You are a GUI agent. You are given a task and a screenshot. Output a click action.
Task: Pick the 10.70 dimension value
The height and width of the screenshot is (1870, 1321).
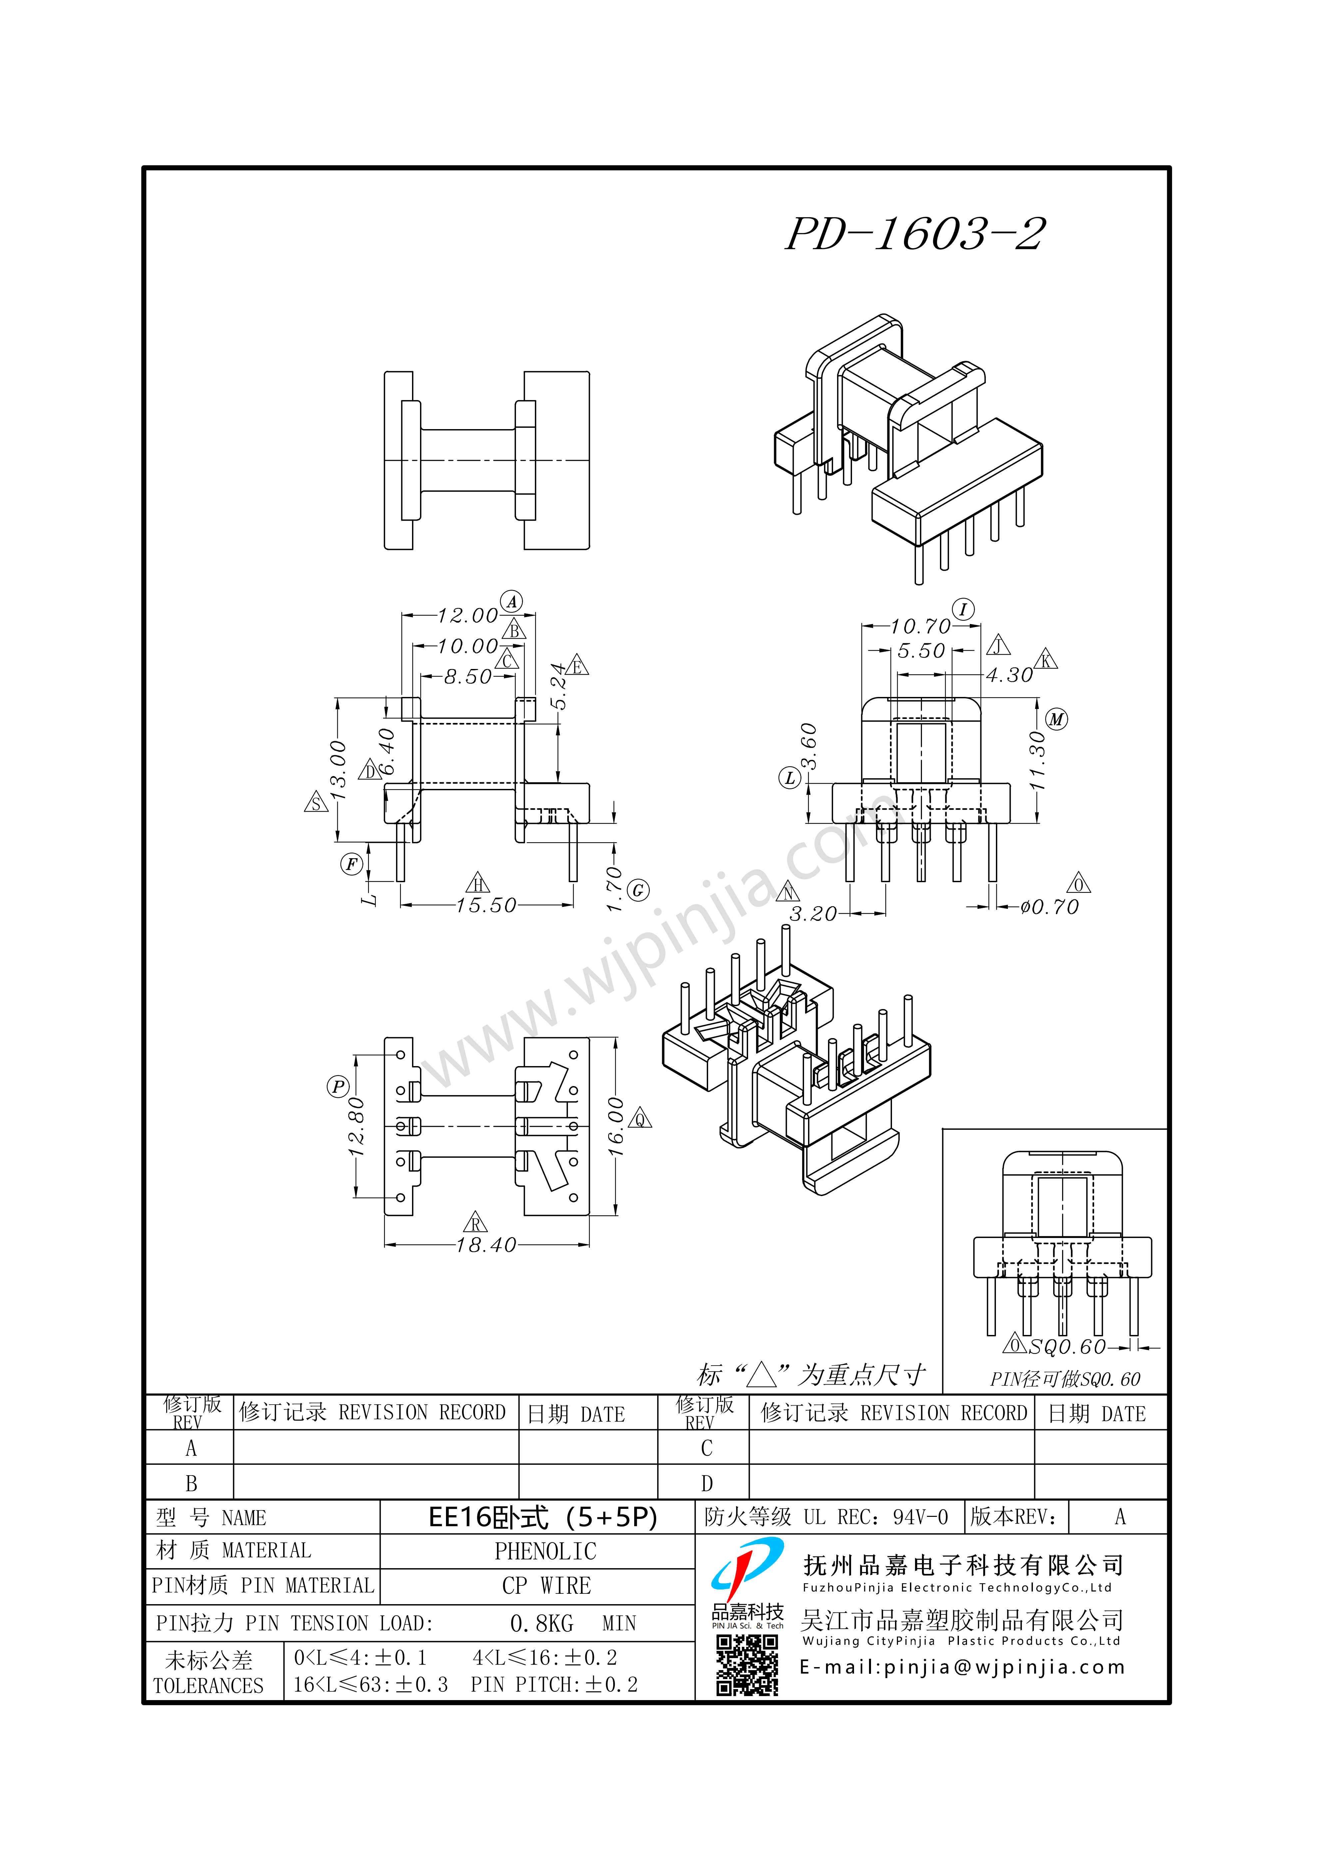920,626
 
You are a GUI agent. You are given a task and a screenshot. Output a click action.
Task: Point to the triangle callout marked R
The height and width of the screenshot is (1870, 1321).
476,1222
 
